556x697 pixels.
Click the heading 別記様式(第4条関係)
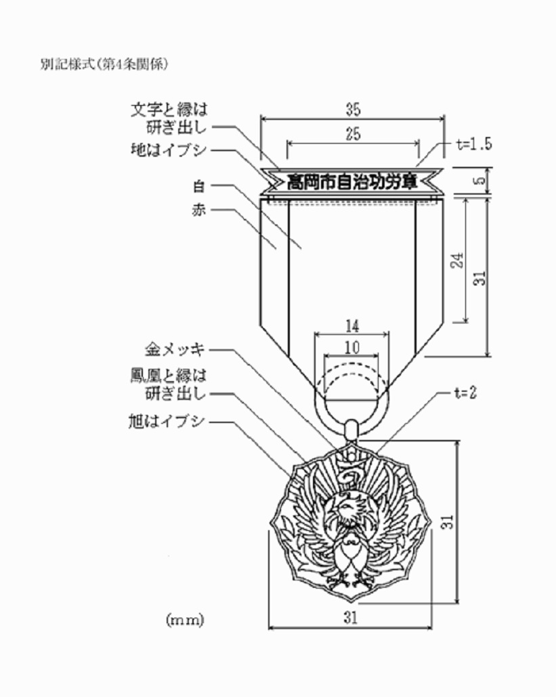[x=104, y=64]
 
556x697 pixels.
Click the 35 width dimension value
[x=353, y=109]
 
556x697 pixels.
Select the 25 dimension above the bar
[x=353, y=134]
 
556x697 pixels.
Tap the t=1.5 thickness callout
[x=474, y=144]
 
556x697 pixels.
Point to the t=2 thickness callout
[x=465, y=393]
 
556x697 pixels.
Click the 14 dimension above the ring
[x=352, y=326]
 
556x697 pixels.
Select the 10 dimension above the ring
[x=351, y=348]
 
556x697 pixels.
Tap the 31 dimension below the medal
[x=350, y=618]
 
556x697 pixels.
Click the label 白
[x=199, y=186]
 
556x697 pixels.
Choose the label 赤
[x=199, y=210]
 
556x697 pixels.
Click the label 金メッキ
[x=175, y=349]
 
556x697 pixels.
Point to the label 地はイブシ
[x=169, y=150]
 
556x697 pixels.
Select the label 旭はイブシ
[x=167, y=421]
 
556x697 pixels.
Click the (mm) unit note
[x=185, y=619]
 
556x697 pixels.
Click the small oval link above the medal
[x=351, y=429]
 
